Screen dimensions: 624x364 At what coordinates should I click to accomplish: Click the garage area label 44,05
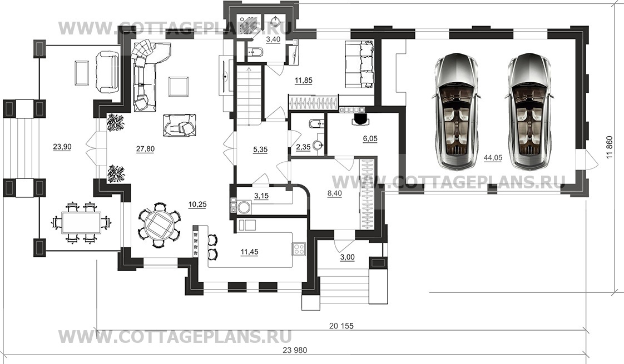(493, 158)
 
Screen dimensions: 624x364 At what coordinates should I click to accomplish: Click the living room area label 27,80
(145, 149)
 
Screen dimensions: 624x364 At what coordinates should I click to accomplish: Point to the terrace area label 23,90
(62, 147)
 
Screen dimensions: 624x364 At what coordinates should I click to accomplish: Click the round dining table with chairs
(159, 225)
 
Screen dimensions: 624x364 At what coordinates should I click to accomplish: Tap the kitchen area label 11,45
(250, 251)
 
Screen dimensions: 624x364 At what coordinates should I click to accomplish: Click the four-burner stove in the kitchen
(299, 249)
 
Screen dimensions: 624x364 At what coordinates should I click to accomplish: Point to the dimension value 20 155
(341, 326)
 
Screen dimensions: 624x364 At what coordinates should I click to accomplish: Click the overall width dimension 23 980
(295, 350)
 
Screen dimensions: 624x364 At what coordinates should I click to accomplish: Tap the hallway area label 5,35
(260, 149)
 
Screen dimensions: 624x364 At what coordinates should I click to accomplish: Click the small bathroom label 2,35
(303, 147)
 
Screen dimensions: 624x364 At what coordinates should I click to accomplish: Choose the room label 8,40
(334, 193)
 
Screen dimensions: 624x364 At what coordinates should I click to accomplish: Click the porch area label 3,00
(348, 257)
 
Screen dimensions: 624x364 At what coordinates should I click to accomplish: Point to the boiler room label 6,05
(370, 138)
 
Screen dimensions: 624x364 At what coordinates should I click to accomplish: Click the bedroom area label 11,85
(303, 81)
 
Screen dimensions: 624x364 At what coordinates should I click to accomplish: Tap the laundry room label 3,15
(261, 196)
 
